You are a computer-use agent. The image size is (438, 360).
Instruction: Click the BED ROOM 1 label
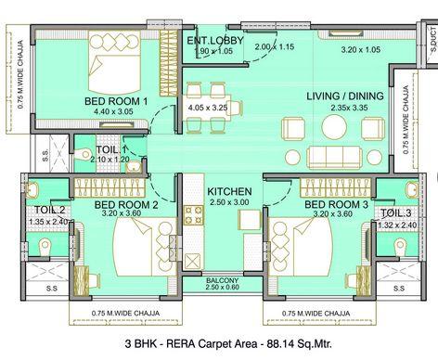(x=116, y=101)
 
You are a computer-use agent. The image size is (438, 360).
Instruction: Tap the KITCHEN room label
(x=229, y=191)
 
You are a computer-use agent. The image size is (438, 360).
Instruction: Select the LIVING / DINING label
(x=345, y=96)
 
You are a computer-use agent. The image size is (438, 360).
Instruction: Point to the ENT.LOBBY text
(x=215, y=41)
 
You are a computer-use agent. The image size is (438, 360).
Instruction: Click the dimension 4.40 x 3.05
(x=113, y=111)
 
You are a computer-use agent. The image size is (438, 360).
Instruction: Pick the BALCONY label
(x=223, y=280)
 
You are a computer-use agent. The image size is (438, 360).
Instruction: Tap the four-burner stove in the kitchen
(x=194, y=215)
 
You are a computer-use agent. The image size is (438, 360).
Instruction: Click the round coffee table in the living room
(x=334, y=127)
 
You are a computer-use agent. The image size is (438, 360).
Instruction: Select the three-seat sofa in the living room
(x=334, y=157)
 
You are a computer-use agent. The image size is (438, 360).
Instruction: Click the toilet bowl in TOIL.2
(x=45, y=247)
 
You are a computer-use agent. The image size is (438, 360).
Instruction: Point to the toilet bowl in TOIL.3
(x=400, y=247)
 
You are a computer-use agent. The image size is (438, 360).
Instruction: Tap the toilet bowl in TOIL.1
(x=83, y=154)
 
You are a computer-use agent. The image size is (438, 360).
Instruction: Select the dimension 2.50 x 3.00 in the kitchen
(x=229, y=202)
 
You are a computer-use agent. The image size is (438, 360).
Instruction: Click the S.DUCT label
(x=433, y=39)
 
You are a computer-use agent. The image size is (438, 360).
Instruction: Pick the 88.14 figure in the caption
(x=278, y=343)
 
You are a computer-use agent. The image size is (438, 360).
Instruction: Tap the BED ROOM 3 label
(x=337, y=204)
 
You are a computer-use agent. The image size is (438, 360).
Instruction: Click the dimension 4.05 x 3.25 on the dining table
(x=208, y=108)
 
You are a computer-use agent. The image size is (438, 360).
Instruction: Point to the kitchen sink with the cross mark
(x=193, y=262)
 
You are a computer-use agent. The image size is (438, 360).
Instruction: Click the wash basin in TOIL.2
(x=32, y=189)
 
